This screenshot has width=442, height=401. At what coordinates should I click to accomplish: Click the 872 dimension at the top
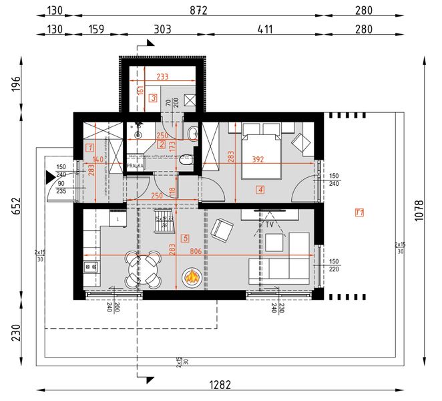coord(199,10)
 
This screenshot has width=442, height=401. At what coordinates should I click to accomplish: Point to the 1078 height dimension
coord(419,212)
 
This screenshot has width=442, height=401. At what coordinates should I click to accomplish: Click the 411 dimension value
coord(265,29)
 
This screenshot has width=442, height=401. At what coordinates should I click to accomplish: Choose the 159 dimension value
coord(95,29)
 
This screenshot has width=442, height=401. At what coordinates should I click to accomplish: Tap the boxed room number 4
coord(260,190)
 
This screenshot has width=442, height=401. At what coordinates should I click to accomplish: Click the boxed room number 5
coord(185,238)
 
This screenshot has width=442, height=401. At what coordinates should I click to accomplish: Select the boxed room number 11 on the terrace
coord(359,213)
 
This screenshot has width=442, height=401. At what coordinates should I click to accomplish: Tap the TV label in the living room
coord(270,225)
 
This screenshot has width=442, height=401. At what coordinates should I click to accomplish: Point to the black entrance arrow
coord(49,177)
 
